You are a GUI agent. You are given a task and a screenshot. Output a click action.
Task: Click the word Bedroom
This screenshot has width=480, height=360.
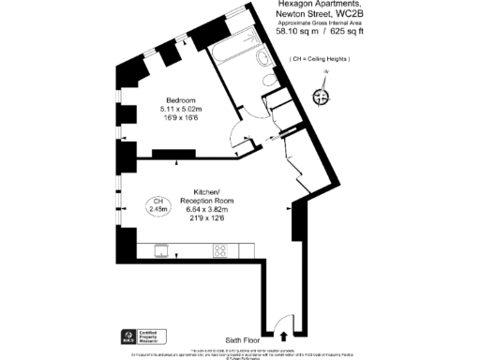(181, 100)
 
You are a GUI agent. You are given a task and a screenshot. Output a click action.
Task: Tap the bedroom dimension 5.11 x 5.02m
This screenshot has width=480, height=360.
(181, 110)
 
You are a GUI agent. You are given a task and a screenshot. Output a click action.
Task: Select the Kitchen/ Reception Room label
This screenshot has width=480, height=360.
(206, 194)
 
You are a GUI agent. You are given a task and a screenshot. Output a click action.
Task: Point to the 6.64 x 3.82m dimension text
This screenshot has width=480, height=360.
(206, 209)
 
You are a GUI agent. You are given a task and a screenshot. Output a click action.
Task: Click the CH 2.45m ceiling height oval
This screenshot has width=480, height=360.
(159, 206)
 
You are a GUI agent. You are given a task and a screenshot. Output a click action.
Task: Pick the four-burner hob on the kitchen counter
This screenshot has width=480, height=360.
(223, 250)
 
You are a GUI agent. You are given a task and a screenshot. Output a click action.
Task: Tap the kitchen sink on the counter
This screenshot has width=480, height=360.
(161, 250)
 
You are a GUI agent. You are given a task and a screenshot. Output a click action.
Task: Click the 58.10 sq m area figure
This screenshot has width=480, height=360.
(296, 32)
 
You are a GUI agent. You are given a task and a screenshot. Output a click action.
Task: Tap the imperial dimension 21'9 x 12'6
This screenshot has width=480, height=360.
(206, 219)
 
